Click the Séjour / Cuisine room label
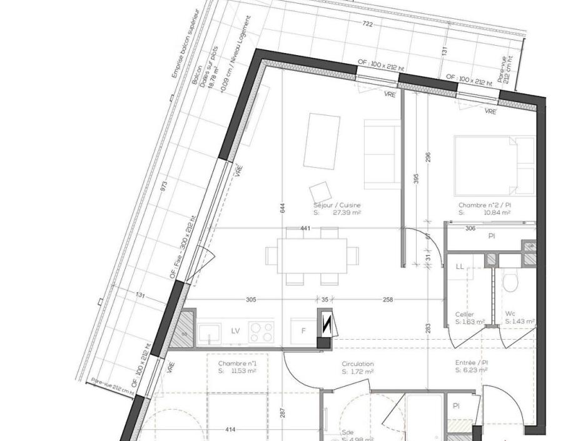pyautogui.click(x=337, y=205)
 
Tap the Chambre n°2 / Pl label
pyautogui.click(x=484, y=205)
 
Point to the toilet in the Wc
pyautogui.click(x=511, y=282)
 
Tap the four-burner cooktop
pyautogui.click(x=261, y=332)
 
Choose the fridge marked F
pyautogui.click(x=303, y=331)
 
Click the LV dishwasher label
pyautogui.click(x=236, y=330)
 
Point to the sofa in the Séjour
pyautogui.click(x=382, y=154)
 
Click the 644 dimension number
pyautogui.click(x=283, y=208)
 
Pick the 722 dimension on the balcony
pyautogui.click(x=368, y=24)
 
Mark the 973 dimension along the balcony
pyautogui.click(x=164, y=187)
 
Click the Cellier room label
pyautogui.click(x=465, y=315)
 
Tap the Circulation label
pyautogui.click(x=358, y=364)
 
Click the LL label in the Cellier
pyautogui.click(x=460, y=266)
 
